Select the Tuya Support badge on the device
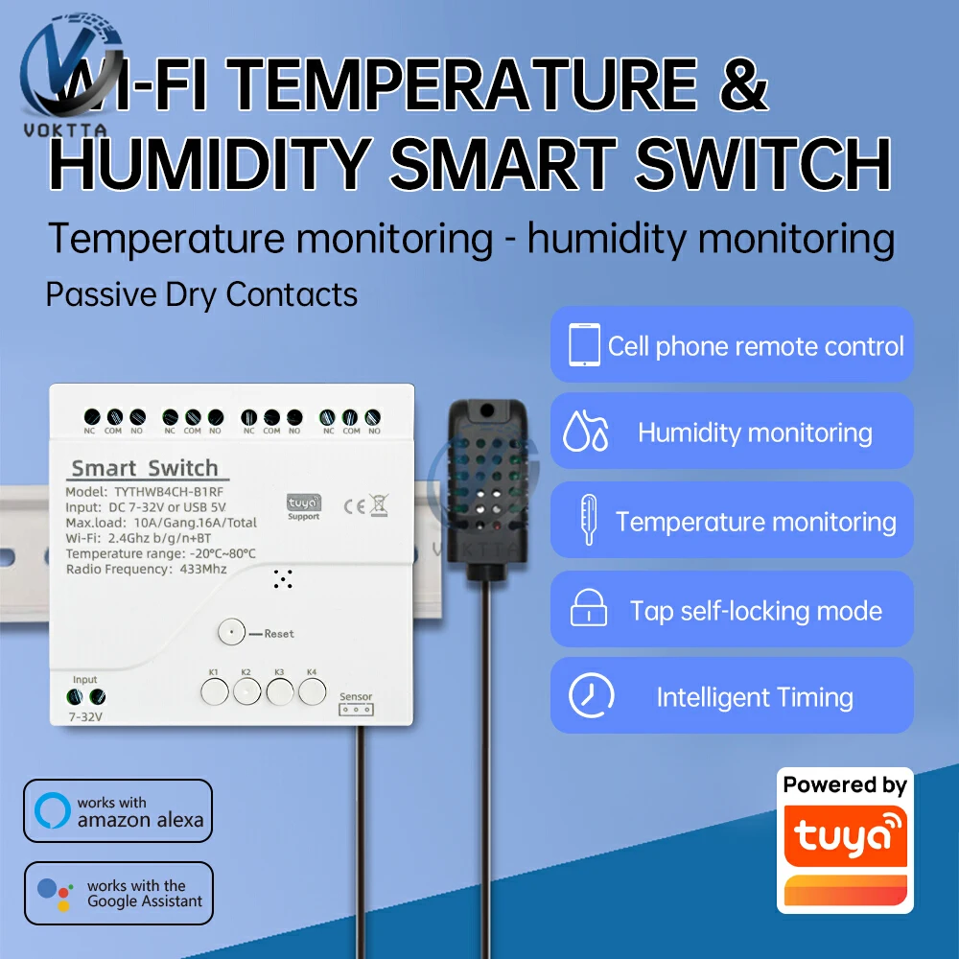point(304,506)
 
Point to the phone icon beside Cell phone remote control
point(584,345)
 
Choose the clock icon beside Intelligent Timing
point(591,695)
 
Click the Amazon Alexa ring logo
point(53,810)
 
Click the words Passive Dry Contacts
point(201,294)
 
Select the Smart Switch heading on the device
point(145,469)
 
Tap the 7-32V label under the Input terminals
point(84,716)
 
